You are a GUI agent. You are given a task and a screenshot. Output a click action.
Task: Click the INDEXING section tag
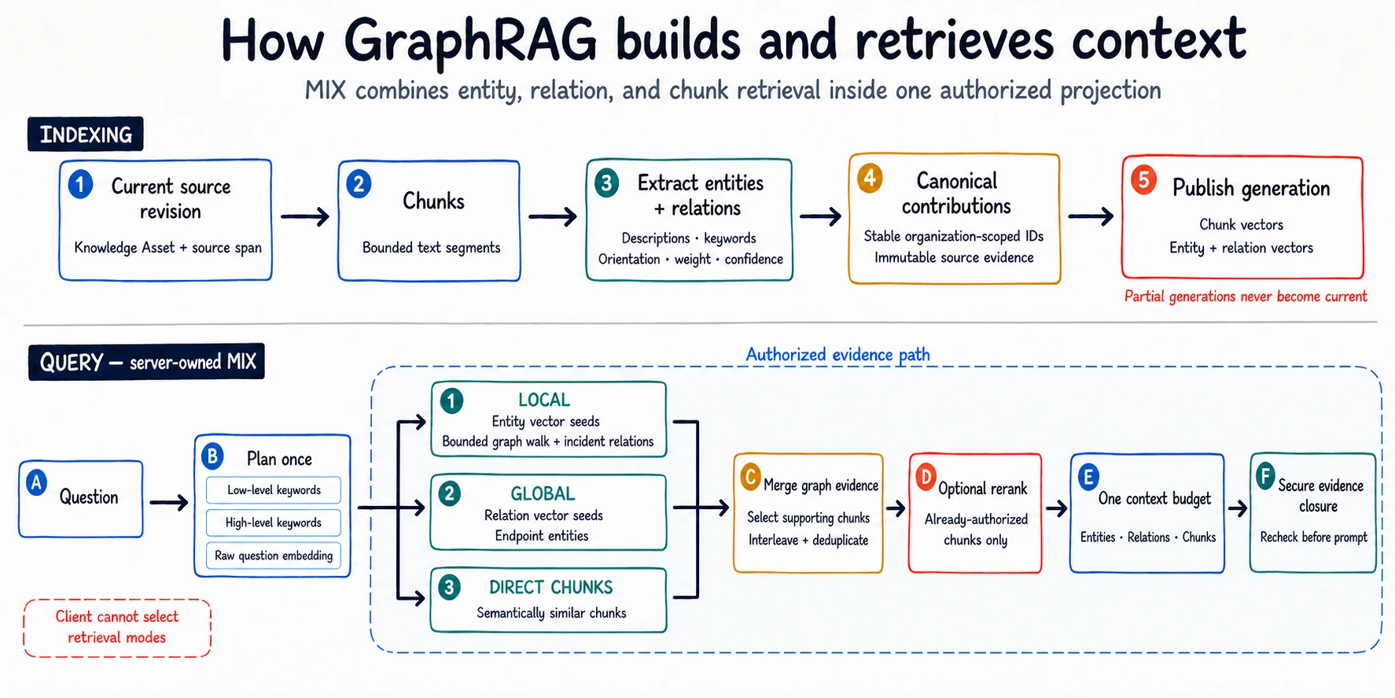coord(86,135)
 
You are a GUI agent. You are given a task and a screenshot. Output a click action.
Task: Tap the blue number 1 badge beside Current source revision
coord(80,185)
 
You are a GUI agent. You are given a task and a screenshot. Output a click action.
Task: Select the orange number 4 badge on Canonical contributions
coord(870,179)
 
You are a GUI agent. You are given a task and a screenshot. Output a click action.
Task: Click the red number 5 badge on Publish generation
coord(1143,181)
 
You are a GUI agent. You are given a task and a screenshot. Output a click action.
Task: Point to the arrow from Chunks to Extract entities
coord(552,216)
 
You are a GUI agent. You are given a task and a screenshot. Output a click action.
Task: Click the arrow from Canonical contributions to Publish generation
coord(1090,216)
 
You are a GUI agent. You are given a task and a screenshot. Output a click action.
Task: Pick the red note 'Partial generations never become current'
coord(1246,297)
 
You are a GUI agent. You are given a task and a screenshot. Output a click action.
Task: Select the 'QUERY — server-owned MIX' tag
coord(146,362)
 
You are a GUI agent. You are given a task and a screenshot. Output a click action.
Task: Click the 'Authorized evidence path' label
coord(837,355)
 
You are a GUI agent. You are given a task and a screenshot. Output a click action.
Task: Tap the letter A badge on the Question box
coord(36,482)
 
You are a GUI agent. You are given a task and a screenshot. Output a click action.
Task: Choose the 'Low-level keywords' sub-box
coord(274,490)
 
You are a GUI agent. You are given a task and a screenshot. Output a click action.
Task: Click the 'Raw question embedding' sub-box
coord(274,556)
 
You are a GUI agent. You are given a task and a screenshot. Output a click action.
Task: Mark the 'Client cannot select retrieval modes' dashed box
coord(117,628)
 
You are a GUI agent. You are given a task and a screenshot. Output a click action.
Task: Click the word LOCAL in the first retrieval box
coord(544,400)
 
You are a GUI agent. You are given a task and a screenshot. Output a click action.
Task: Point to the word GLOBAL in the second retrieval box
coord(543,493)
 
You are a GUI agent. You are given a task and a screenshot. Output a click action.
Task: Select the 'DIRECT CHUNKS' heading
coord(550,587)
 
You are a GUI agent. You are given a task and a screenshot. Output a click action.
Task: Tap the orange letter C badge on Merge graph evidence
coord(750,477)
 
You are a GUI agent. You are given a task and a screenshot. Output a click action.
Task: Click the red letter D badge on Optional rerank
coord(926,477)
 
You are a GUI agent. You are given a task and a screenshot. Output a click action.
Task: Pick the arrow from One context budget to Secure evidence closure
coord(1238,508)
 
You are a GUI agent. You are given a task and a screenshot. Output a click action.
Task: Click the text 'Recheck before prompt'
coord(1313,537)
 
